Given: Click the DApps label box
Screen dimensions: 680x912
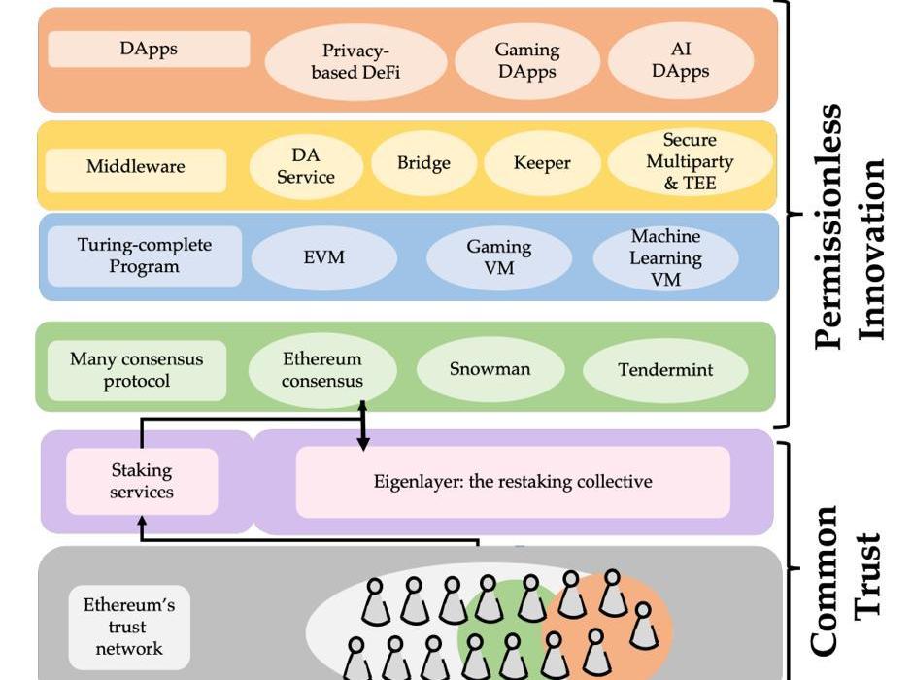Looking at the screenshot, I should tap(149, 49).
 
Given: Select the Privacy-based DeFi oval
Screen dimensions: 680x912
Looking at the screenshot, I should tap(355, 61).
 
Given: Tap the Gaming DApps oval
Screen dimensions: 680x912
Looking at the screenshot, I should tap(526, 60).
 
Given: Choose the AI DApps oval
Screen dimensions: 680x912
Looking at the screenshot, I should tap(681, 60).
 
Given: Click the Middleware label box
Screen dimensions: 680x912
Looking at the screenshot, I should tap(135, 167).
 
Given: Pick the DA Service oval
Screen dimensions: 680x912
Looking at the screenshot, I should tap(305, 166).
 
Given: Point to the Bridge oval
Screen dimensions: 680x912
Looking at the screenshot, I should tap(423, 163).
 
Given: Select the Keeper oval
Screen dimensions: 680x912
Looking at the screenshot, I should tap(541, 163).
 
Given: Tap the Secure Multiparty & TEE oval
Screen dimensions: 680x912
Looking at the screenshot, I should tap(690, 161).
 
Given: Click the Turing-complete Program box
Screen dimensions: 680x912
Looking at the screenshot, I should tap(144, 255).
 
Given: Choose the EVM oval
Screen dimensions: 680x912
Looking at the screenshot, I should tap(323, 257).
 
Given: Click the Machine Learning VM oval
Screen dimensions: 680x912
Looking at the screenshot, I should tap(665, 258).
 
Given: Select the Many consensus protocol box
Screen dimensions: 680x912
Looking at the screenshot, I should tap(136, 370).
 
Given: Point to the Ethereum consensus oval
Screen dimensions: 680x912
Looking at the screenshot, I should tap(322, 370).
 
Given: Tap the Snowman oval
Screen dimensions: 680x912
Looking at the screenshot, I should tap(490, 369).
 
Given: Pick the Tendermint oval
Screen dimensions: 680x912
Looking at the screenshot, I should tap(665, 370).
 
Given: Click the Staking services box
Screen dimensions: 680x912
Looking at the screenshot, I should tap(141, 481).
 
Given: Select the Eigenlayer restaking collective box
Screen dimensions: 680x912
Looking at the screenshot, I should tap(513, 482).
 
